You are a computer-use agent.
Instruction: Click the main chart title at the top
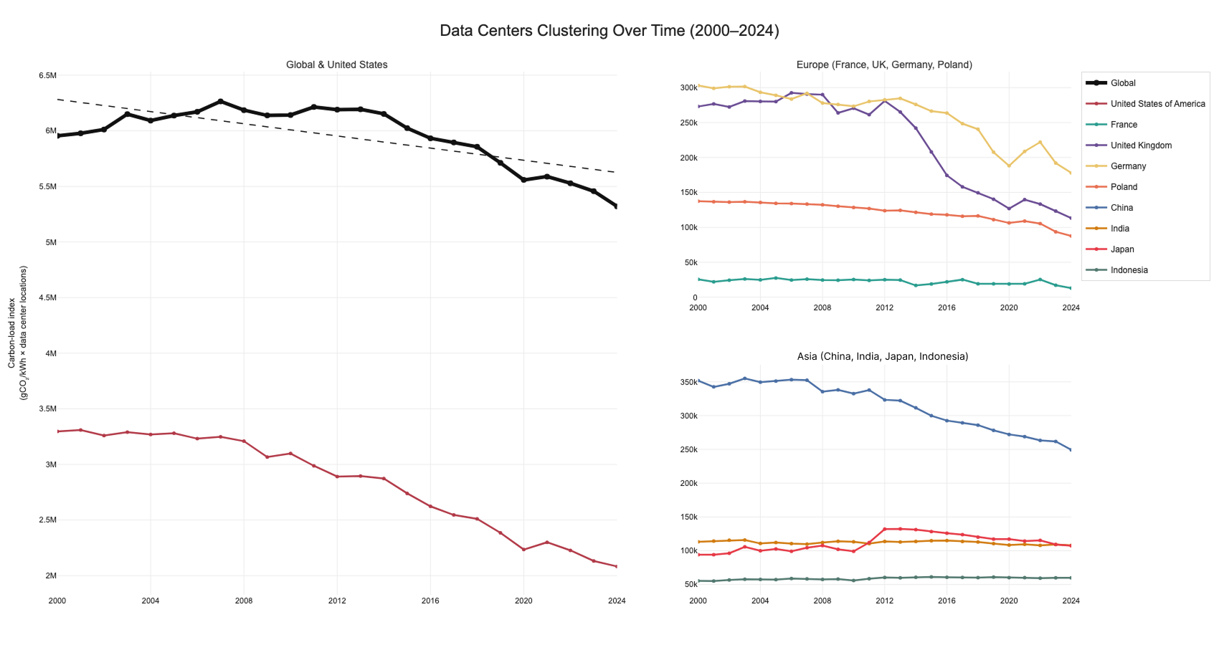click(609, 31)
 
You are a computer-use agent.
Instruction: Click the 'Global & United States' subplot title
click(336, 64)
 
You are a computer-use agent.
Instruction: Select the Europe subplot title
click(884, 64)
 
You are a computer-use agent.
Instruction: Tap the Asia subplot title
click(882, 356)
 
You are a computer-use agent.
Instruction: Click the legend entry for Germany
click(1128, 166)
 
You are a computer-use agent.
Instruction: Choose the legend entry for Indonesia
click(1129, 270)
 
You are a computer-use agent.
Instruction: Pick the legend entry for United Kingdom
click(1141, 145)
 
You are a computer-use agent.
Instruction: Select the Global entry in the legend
click(1123, 83)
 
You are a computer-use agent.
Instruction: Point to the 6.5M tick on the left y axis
click(47, 75)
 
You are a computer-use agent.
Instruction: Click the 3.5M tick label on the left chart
click(47, 409)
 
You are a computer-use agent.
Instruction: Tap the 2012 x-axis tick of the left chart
click(337, 601)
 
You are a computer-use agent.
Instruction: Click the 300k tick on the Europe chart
click(688, 88)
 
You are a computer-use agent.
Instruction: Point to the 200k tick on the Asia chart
click(688, 484)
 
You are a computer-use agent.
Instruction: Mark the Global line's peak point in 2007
click(220, 101)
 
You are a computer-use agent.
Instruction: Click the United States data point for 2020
click(523, 550)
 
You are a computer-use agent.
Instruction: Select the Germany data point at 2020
click(1009, 166)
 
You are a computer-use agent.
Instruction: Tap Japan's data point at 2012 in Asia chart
click(885, 530)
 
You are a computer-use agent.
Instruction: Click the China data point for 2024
click(1071, 450)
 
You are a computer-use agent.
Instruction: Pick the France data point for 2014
click(916, 285)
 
